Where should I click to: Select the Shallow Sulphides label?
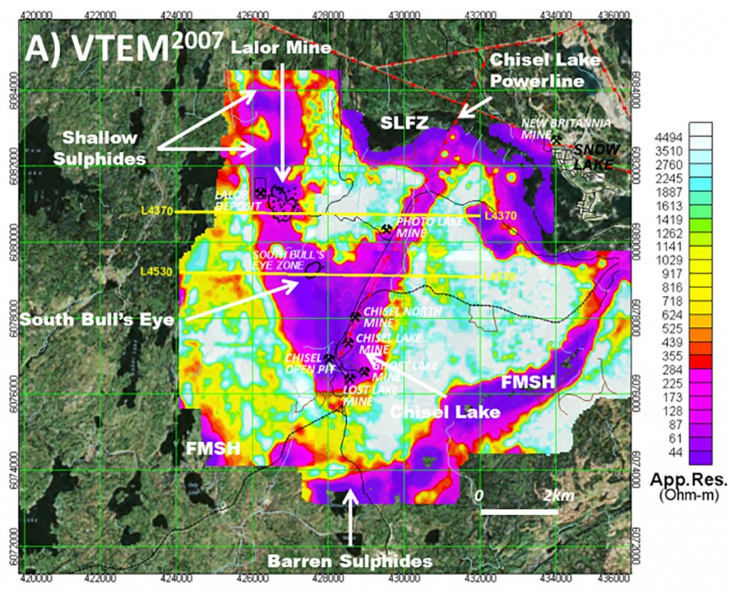[x=104, y=147]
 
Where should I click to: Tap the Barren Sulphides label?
[x=349, y=561]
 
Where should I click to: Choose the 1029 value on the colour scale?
[x=670, y=274]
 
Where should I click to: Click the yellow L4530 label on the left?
[x=158, y=272]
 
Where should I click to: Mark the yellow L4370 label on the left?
[x=158, y=212]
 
